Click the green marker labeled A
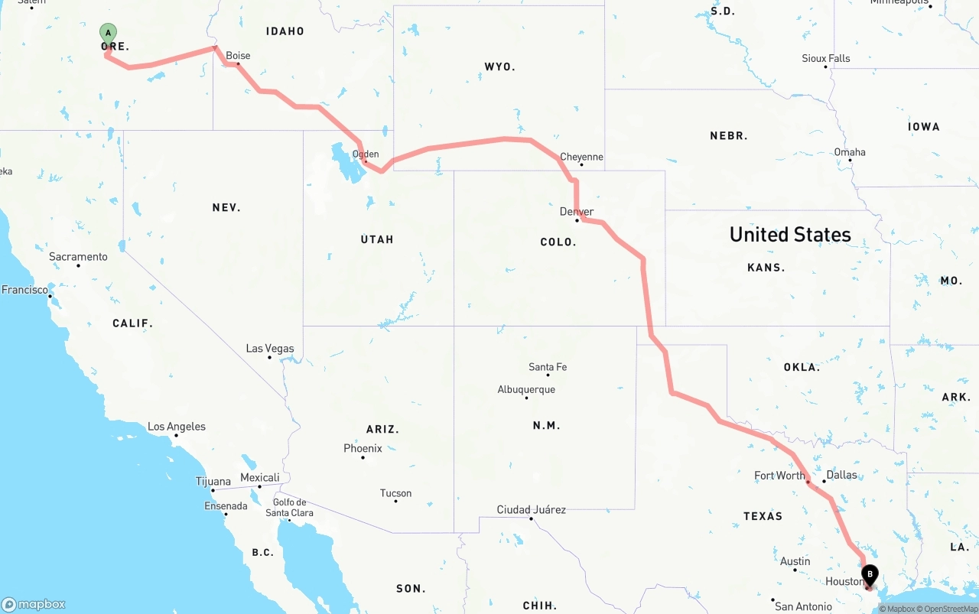click(108, 32)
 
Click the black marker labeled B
click(870, 574)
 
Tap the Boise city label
click(238, 56)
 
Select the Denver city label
click(577, 212)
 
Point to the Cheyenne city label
click(581, 157)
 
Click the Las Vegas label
click(270, 349)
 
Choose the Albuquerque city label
click(526, 390)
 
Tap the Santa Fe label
click(548, 367)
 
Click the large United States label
click(790, 234)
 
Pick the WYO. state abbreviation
click(500, 67)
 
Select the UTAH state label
click(377, 239)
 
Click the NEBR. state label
click(729, 136)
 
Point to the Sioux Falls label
click(825, 58)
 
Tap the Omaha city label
click(850, 152)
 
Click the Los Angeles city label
click(177, 427)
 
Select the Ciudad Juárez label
click(532, 509)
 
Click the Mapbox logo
click(34, 604)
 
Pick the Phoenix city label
click(363, 448)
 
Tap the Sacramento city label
click(79, 257)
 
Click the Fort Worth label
click(779, 476)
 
